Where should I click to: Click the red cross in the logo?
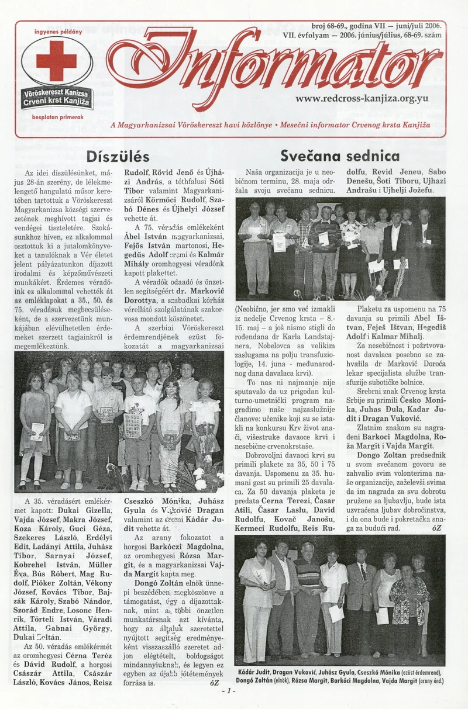coord(56,61)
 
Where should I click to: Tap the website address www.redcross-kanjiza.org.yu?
coord(362,98)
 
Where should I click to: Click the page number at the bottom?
coord(228,690)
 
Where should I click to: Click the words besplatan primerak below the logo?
coord(56,117)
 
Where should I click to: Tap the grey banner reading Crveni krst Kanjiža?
coord(56,101)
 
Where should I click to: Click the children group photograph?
coord(119,421)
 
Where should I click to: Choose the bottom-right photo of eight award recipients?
coord(339,600)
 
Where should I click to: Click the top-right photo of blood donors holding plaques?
coord(340,248)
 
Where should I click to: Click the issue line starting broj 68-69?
coord(377,26)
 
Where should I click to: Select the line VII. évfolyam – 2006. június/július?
coord(362,35)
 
